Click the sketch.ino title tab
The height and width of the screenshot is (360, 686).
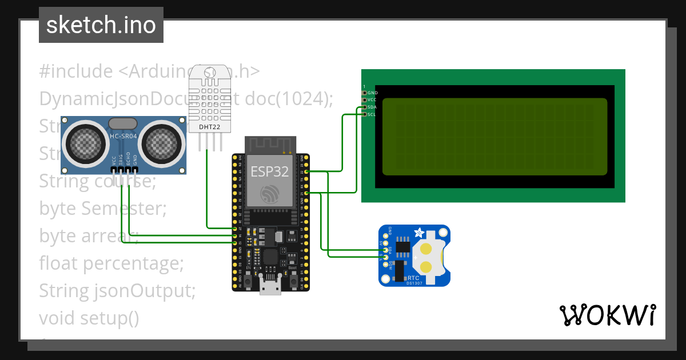click(x=101, y=25)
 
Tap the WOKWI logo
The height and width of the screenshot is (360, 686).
click(x=607, y=315)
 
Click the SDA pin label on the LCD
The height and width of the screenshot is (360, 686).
click(x=372, y=107)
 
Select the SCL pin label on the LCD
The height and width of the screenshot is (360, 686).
click(x=372, y=114)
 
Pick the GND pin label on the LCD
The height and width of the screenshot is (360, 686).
click(x=373, y=93)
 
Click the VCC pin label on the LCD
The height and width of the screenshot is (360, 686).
click(x=372, y=99)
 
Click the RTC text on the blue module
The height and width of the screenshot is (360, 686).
click(x=413, y=278)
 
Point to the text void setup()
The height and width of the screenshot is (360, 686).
click(x=89, y=317)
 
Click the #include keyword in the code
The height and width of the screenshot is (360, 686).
click(x=76, y=71)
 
